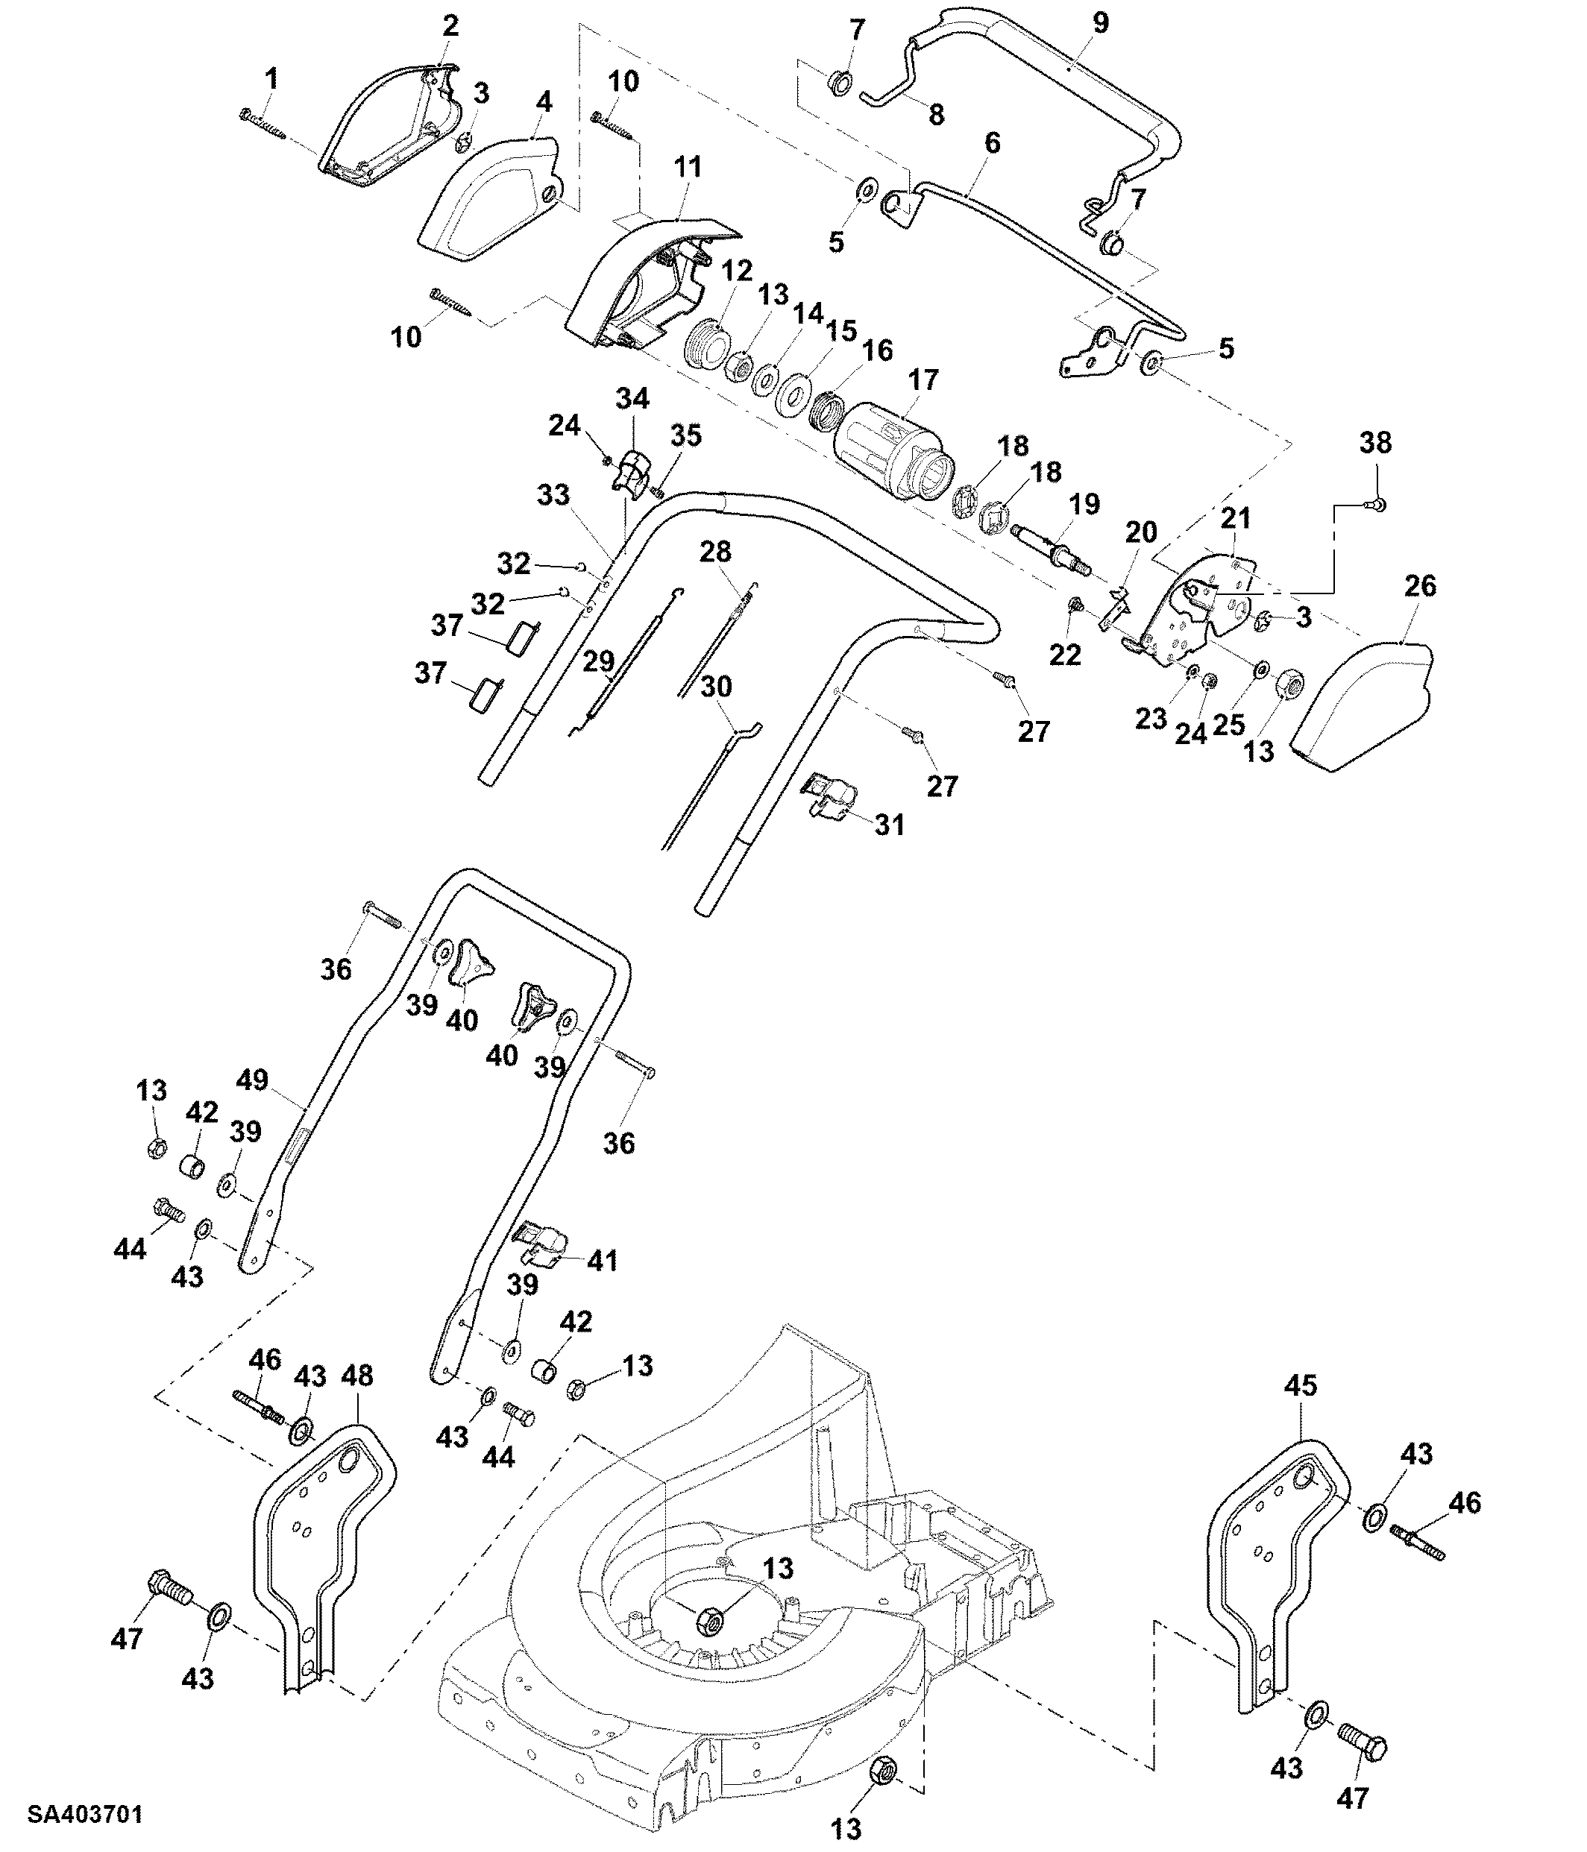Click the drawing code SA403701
pos(85,1815)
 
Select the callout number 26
pos(1421,586)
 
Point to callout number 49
pos(252,1079)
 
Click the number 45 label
pos(1301,1385)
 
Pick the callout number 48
pos(358,1376)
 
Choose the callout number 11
pos(688,167)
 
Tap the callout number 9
pos(1101,22)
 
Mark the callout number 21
pos(1236,517)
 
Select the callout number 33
pos(553,494)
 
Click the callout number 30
pos(716,687)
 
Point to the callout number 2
pos(450,25)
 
